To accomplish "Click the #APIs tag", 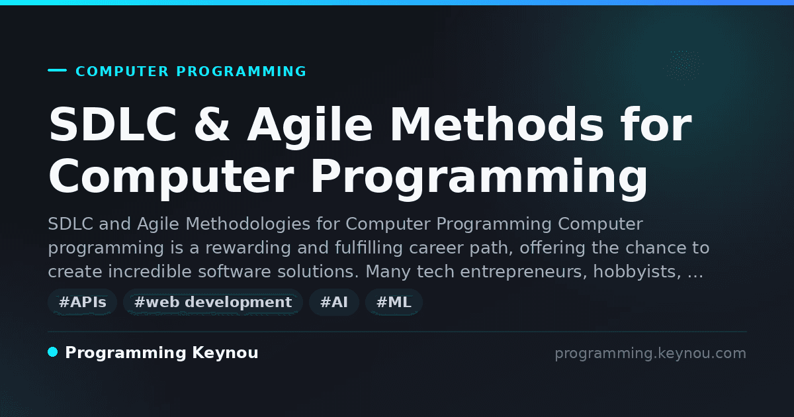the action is click(x=82, y=302).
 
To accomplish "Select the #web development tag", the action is click(x=212, y=302).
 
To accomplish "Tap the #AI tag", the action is click(x=334, y=302).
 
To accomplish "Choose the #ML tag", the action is click(x=394, y=302).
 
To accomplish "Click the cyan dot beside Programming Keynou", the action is click(x=53, y=352).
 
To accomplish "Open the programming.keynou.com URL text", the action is click(x=650, y=353).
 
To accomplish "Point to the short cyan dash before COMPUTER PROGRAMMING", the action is click(x=57, y=70).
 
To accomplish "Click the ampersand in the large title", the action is click(x=212, y=124).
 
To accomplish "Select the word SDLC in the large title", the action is click(x=112, y=124).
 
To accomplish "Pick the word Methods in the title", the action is click(x=497, y=124).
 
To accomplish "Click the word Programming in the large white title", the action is click(x=479, y=178).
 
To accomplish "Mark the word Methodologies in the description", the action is click(x=247, y=224).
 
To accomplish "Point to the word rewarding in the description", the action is click(x=248, y=248).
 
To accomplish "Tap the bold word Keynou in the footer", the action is click(x=225, y=352).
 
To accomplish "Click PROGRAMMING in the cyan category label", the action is click(x=241, y=71).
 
